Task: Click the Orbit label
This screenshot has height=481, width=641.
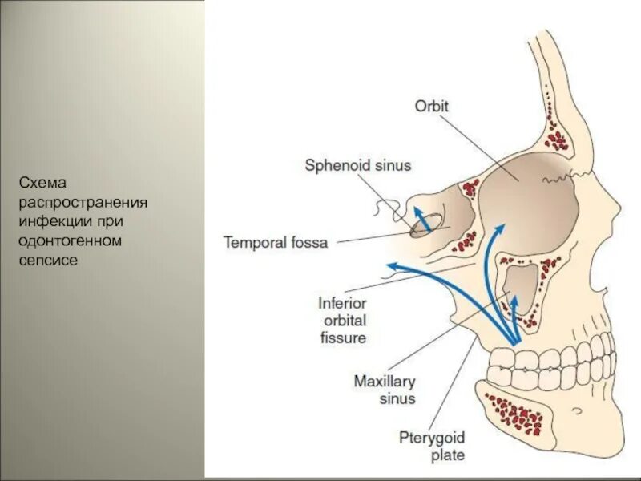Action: point(432,105)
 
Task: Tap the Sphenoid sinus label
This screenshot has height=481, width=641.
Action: point(357,166)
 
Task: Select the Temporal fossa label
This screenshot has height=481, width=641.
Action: point(276,241)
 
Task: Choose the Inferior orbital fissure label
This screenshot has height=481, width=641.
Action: point(342,321)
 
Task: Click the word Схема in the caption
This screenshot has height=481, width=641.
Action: point(39,184)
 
